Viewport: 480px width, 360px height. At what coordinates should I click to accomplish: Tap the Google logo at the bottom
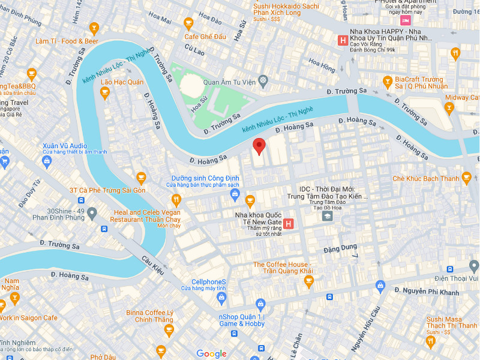point(211,353)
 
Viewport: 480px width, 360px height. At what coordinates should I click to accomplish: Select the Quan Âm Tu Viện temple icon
point(263,80)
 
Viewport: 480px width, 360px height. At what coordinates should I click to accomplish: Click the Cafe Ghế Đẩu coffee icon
point(188,24)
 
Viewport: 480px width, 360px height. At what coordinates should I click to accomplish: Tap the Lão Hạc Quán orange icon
point(105,92)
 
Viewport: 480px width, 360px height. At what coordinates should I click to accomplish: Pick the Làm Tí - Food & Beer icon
point(94,28)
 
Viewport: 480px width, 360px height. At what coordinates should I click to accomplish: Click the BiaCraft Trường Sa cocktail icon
point(388,81)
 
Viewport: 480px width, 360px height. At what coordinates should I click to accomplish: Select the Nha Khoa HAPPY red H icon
point(343,41)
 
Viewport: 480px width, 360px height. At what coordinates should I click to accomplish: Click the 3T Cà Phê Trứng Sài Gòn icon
point(141,178)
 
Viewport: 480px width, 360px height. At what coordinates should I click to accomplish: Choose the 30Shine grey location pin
point(92,213)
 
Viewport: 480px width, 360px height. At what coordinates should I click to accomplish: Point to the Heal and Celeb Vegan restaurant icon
point(176,200)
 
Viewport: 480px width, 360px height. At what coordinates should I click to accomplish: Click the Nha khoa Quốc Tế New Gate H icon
point(288,224)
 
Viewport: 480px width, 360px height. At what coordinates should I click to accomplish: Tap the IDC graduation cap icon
point(327,215)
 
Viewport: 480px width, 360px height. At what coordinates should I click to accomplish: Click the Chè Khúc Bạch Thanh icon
point(466,178)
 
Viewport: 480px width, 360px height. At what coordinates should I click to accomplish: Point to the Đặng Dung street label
point(340,247)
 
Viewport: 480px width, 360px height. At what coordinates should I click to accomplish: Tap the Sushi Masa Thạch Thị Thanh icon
point(430,342)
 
